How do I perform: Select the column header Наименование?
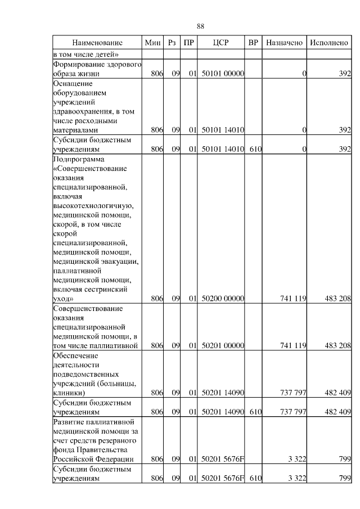[97, 43]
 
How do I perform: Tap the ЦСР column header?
[221, 43]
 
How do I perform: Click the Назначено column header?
[285, 43]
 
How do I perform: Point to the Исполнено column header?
[328, 43]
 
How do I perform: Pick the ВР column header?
[254, 43]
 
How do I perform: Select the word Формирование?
[76, 64]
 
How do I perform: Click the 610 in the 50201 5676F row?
[255, 479]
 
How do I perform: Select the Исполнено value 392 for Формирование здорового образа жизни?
[344, 74]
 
